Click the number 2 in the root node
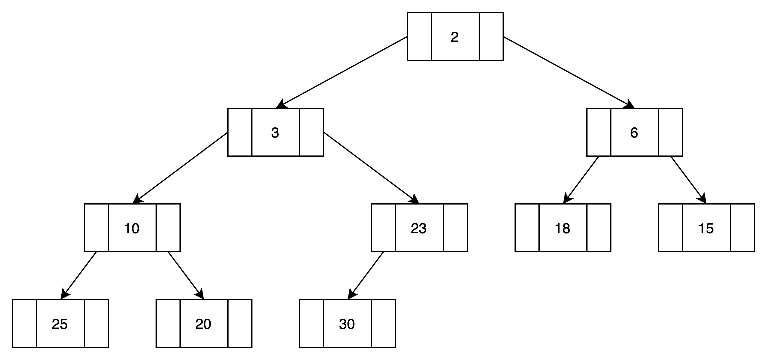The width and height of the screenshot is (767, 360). click(455, 37)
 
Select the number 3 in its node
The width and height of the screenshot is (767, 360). click(275, 133)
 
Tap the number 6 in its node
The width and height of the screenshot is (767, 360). click(634, 133)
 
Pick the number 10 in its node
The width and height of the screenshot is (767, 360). click(132, 228)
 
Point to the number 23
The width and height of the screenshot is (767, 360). click(419, 228)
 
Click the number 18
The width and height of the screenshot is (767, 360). click(562, 228)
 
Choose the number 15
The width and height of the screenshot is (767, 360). click(706, 228)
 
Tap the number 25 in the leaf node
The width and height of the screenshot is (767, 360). click(60, 324)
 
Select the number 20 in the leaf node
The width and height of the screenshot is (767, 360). click(203, 324)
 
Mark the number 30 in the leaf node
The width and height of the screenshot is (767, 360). click(347, 324)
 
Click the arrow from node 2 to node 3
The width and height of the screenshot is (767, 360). click(342, 72)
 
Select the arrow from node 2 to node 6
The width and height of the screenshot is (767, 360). click(569, 72)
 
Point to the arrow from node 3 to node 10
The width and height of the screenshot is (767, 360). click(180, 168)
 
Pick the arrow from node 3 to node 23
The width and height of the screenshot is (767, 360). click(371, 168)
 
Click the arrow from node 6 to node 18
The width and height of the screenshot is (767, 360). click(581, 180)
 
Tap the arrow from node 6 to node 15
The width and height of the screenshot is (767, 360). click(688, 180)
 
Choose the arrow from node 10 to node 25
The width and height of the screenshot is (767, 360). click(78, 276)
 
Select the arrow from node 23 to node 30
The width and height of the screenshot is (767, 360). click(366, 276)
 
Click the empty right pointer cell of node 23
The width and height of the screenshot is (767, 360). click(455, 228)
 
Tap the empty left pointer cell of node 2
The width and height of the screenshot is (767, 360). click(419, 36)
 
